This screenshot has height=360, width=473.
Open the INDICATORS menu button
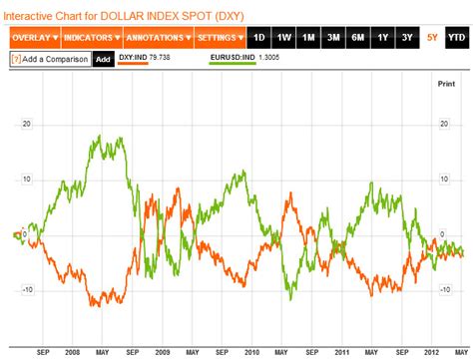click(92, 38)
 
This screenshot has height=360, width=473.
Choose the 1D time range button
click(260, 38)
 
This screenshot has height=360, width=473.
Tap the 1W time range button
click(284, 38)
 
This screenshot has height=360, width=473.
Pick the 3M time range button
click(333, 38)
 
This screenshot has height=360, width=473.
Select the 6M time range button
click(357, 38)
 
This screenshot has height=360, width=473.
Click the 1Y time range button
click(382, 38)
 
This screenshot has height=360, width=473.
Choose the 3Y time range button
click(406, 38)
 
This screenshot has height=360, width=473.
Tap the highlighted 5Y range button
click(431, 38)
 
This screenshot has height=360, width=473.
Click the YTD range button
click(456, 38)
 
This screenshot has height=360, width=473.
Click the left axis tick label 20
click(28, 125)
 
